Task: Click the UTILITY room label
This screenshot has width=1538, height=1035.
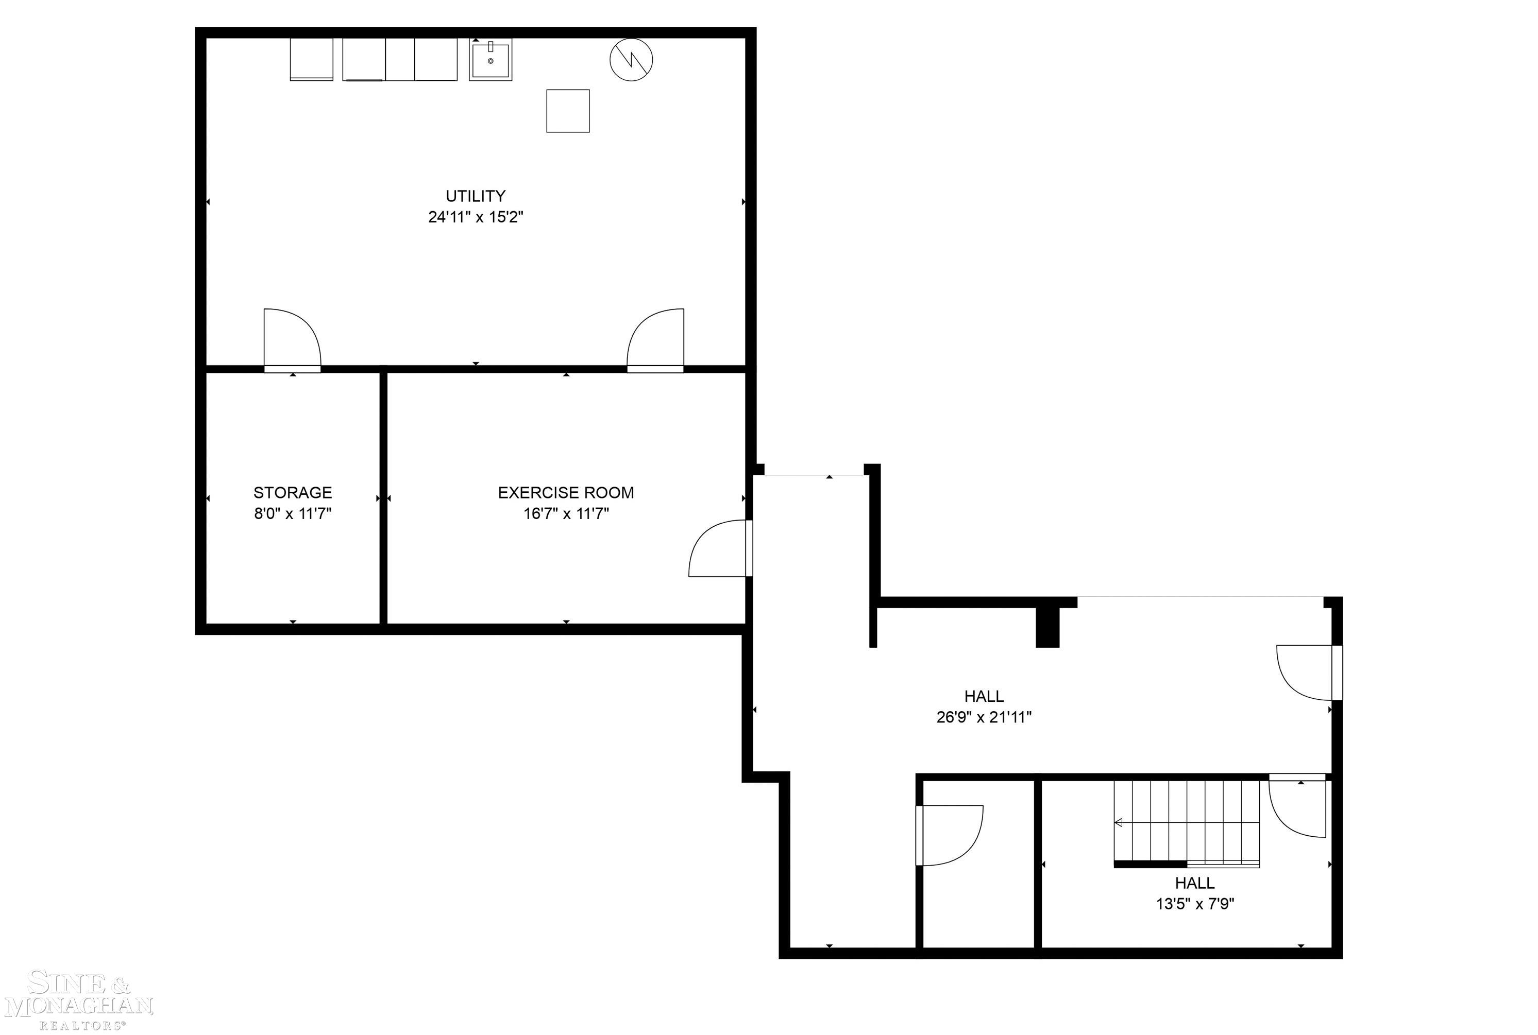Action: click(475, 196)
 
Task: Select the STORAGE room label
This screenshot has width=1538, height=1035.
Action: click(293, 492)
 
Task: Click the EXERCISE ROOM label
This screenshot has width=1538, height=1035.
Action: click(565, 492)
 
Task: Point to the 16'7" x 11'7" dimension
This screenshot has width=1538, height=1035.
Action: click(566, 513)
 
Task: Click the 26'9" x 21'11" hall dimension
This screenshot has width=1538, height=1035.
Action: click(983, 717)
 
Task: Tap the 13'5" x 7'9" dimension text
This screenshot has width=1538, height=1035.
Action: click(1195, 904)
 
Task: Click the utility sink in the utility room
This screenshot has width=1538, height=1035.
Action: click(490, 59)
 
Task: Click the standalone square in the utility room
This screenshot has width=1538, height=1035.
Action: click(567, 111)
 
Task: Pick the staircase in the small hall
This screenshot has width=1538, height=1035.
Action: click(1186, 822)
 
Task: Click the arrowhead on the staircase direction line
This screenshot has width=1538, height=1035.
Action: click(1118, 822)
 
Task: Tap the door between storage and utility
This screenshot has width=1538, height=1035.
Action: click(291, 340)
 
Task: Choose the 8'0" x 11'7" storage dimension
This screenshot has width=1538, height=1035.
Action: click(293, 513)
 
